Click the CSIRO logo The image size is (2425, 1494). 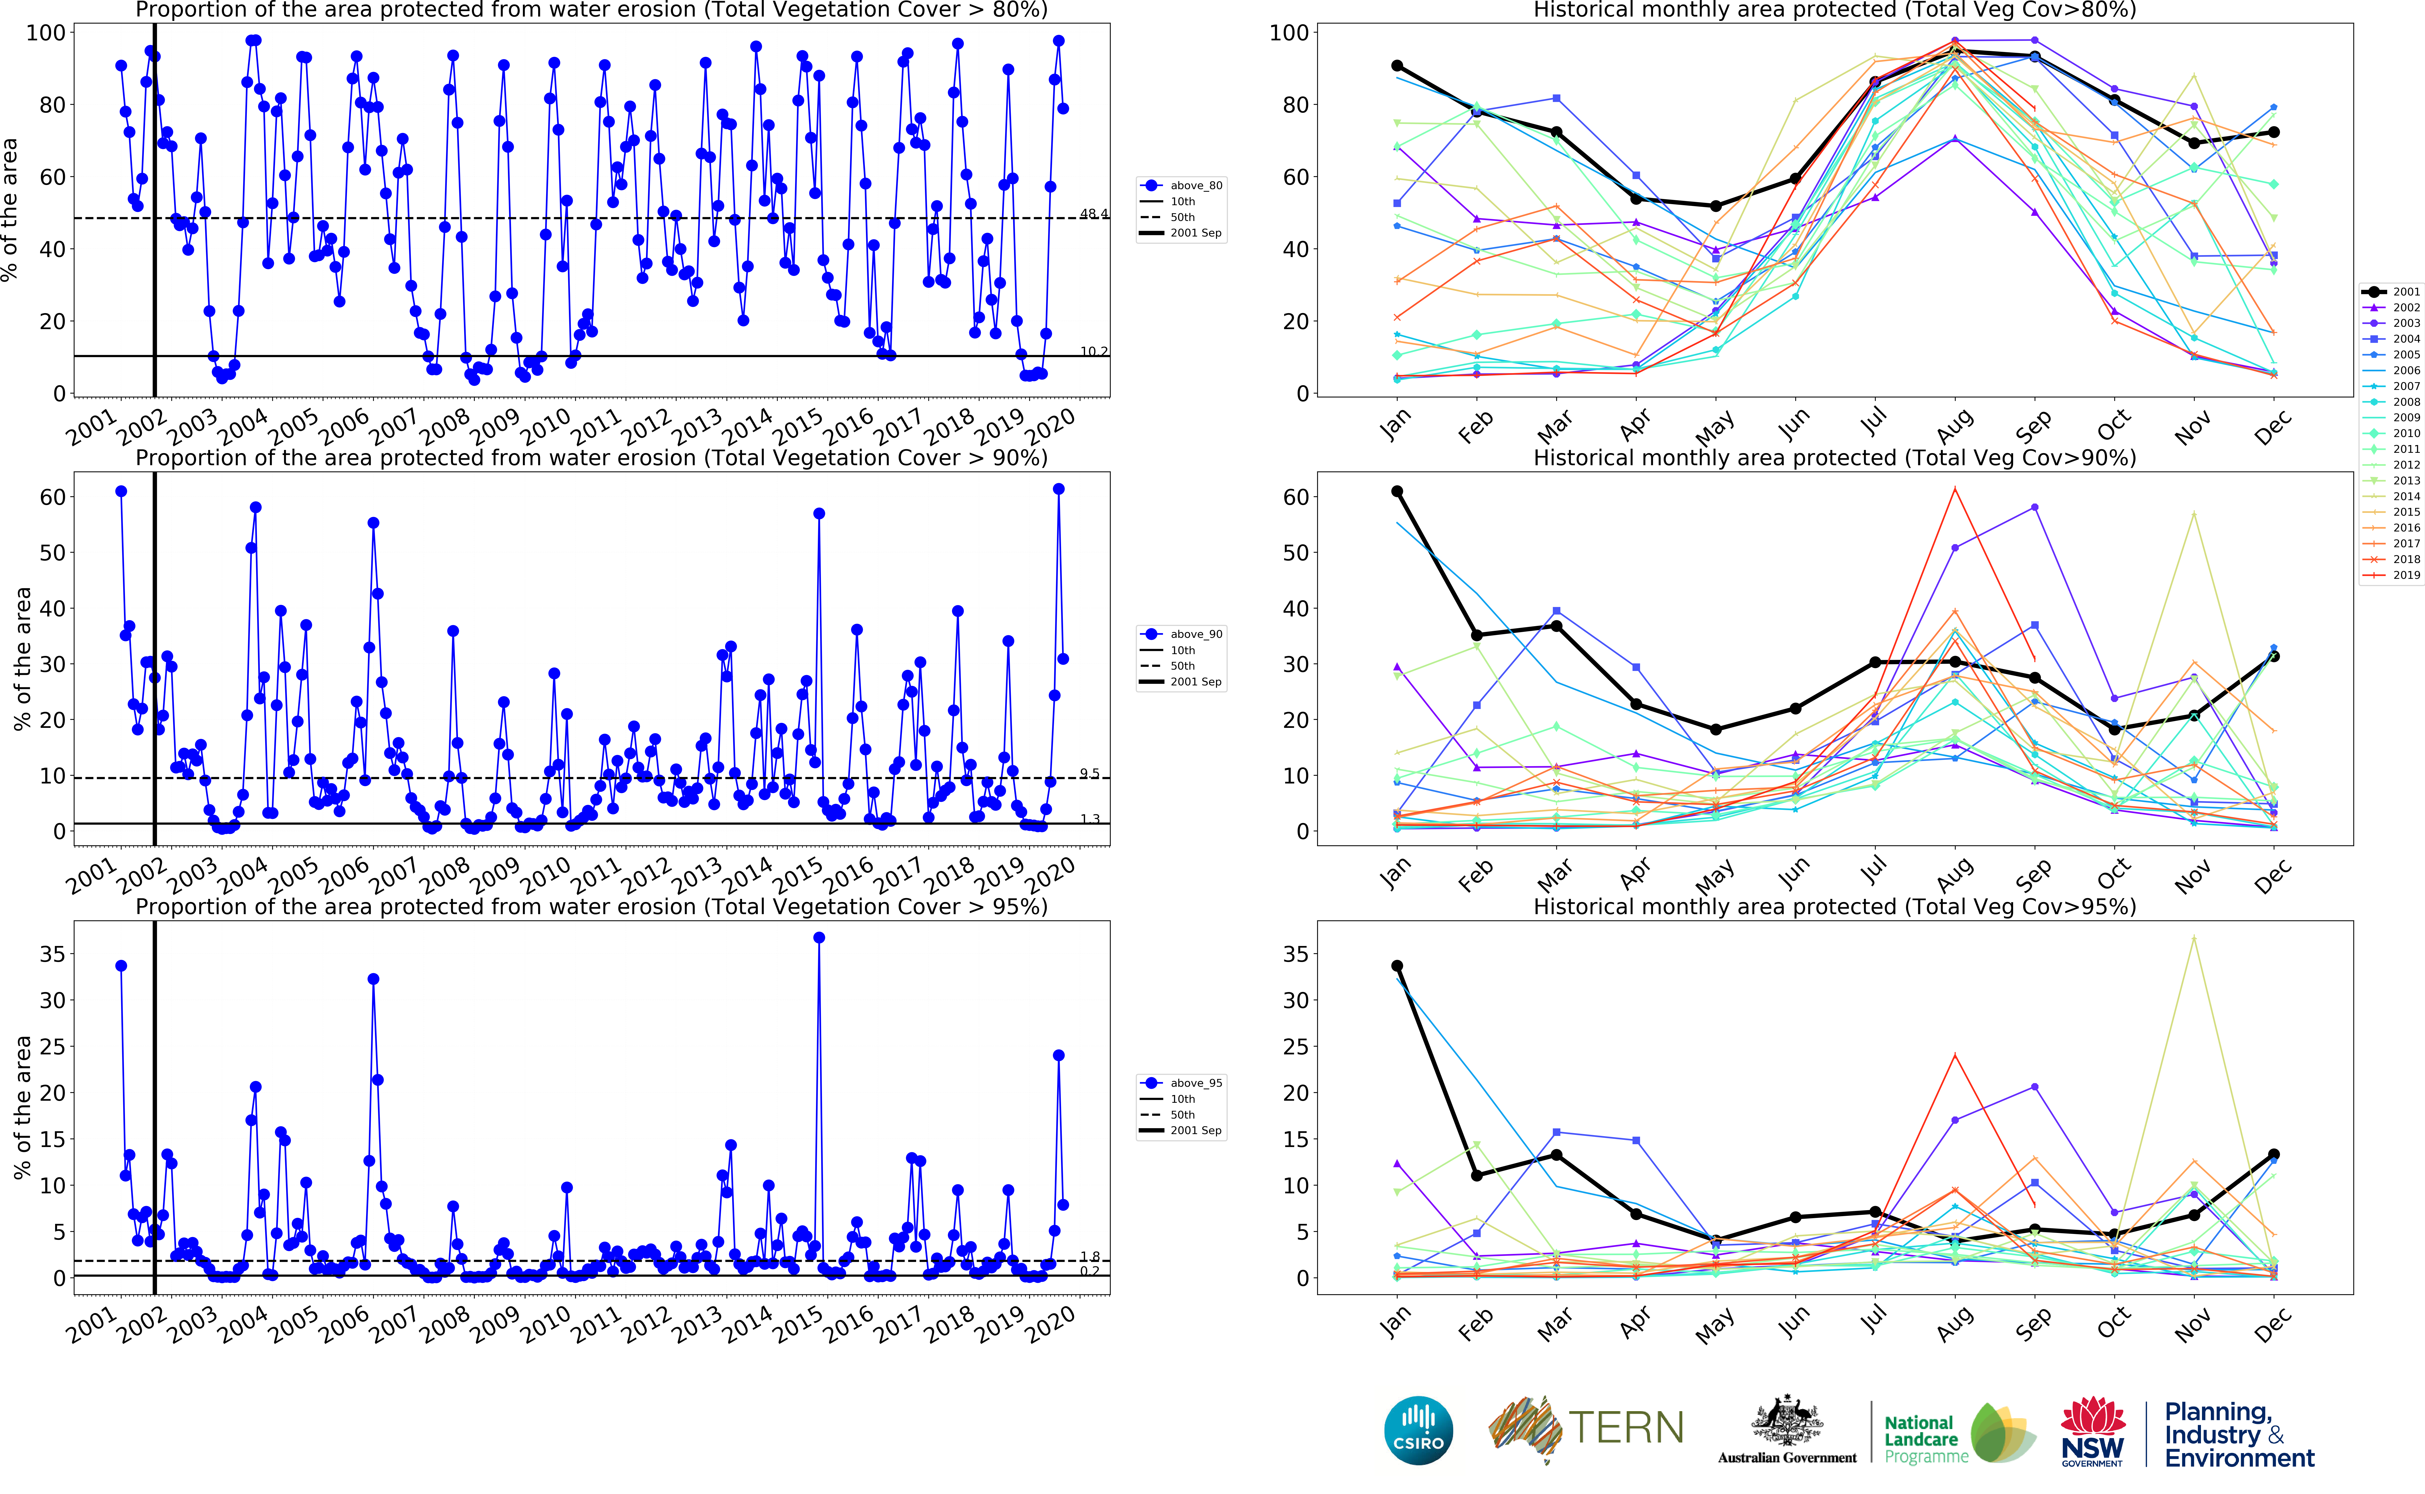tap(1419, 1430)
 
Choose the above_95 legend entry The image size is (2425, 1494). tap(1183, 1083)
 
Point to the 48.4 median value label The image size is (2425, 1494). tap(1093, 213)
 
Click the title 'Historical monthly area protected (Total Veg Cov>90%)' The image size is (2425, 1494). tap(1834, 458)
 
